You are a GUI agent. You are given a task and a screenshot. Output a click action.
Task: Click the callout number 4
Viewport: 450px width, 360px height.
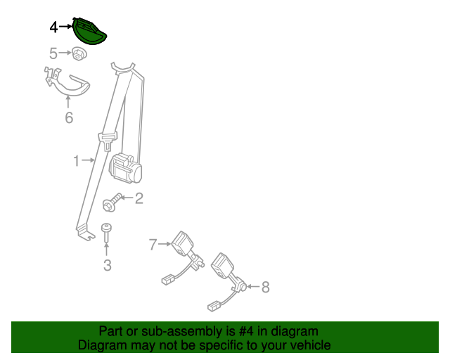pos(54,27)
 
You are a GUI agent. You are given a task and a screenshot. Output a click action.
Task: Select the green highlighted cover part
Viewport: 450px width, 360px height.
pos(89,32)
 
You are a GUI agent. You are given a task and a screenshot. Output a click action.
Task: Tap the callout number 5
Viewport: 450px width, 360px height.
pos(54,53)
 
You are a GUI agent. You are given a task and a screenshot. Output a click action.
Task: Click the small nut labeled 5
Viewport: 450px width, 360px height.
pos(77,53)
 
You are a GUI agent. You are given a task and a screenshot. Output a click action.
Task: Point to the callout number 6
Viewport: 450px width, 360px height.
pos(69,117)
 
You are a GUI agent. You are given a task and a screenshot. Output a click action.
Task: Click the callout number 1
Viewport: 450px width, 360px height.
pos(77,161)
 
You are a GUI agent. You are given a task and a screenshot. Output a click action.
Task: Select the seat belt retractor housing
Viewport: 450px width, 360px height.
pos(127,169)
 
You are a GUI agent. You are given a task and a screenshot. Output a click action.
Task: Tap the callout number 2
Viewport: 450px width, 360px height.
pos(139,198)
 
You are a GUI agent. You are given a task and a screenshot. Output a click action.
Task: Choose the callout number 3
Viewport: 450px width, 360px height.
pos(107,265)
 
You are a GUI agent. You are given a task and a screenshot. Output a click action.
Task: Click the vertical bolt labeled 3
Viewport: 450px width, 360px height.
pos(106,233)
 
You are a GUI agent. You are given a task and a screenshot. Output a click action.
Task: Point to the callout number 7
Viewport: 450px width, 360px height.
pos(153,245)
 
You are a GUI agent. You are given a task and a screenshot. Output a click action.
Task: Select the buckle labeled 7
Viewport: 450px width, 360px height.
pos(184,245)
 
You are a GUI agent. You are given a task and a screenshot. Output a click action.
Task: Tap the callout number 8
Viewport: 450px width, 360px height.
pos(265,287)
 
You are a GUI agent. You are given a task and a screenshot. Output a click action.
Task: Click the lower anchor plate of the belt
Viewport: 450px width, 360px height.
pos(86,231)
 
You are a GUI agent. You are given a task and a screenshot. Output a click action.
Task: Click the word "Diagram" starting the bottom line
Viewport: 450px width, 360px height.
pos(101,345)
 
